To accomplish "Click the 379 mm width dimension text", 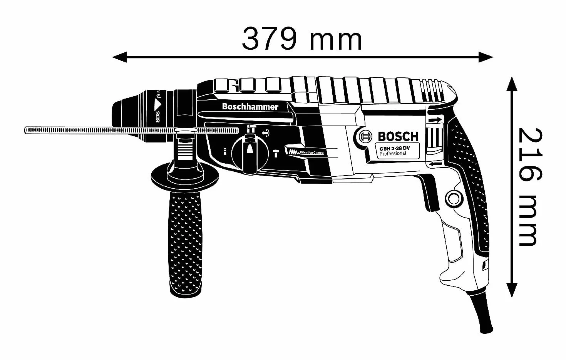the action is (x=302, y=40).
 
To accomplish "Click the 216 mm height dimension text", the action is (x=530, y=188).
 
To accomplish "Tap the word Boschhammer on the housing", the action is (x=250, y=107).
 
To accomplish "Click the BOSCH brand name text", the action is (x=398, y=137).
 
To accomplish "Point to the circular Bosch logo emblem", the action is (x=365, y=137).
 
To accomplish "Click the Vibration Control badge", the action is (x=305, y=152).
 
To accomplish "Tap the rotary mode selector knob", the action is (x=249, y=154).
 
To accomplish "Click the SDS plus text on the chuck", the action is (x=158, y=106).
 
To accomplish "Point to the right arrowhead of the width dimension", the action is (x=486, y=57).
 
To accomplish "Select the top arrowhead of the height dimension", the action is (x=512, y=84).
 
